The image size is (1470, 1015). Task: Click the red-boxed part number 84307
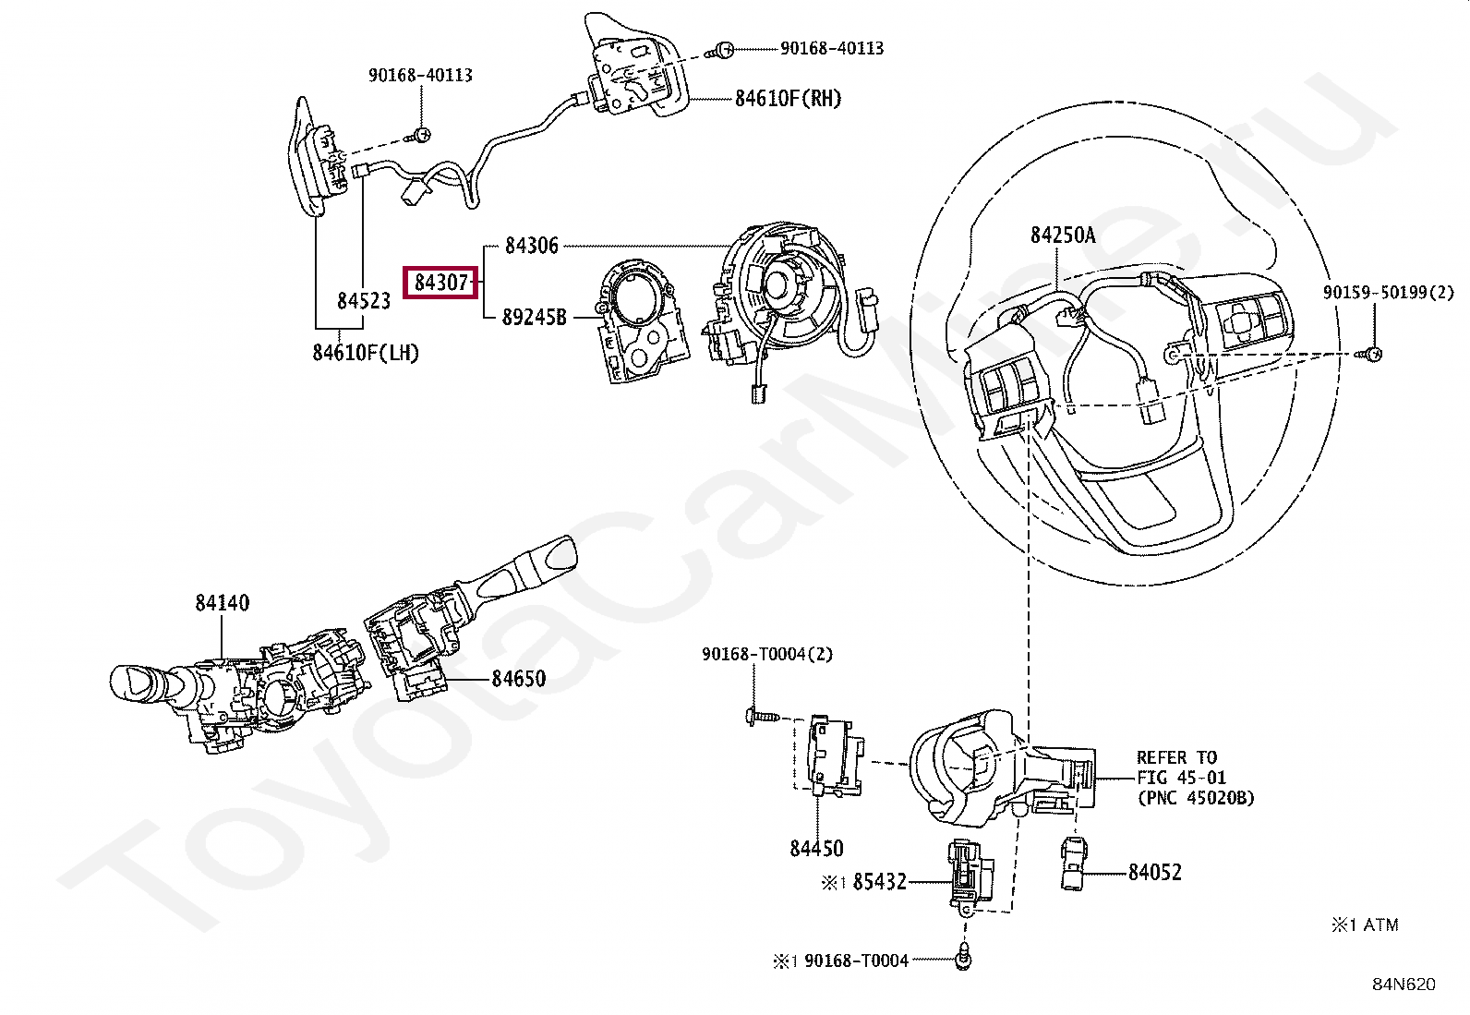(441, 283)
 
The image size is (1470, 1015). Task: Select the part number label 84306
(532, 247)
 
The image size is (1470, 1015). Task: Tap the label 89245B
(535, 318)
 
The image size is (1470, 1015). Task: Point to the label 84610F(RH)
(788, 99)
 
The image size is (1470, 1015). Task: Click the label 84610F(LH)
(366, 353)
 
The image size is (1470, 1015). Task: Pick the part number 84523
(364, 301)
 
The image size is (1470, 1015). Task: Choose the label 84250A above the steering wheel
(1063, 235)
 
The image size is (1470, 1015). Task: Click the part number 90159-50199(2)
(1389, 293)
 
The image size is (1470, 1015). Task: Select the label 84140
(223, 603)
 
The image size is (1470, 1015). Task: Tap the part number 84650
(518, 679)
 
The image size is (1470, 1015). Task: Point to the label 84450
(816, 849)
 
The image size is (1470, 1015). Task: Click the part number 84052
(1155, 873)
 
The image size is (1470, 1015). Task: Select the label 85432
(879, 882)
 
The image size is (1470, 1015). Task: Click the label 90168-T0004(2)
(767, 655)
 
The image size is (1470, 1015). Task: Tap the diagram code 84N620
(1404, 985)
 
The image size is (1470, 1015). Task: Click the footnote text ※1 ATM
(1365, 925)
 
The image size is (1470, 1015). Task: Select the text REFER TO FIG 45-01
(1181, 768)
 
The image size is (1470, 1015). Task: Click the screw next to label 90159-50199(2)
(1369, 355)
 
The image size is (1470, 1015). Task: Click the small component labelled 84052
(1072, 864)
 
